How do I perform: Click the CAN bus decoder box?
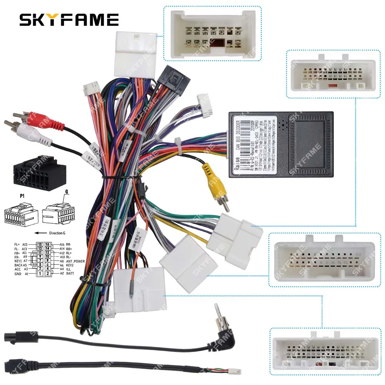281,144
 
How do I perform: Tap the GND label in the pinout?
18,274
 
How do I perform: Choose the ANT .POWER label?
75,261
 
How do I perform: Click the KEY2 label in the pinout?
69,265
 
